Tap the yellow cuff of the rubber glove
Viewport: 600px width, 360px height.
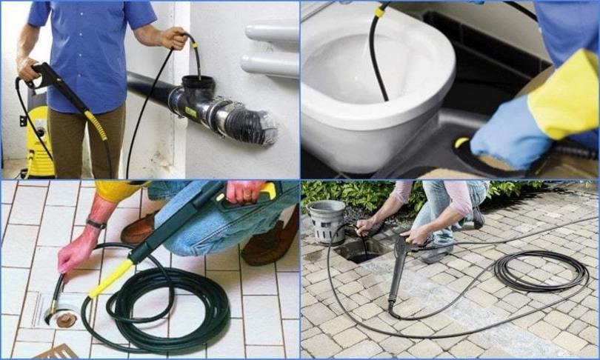[564, 93]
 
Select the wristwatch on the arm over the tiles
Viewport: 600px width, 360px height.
[96, 223]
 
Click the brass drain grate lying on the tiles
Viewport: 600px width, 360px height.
[59, 352]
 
